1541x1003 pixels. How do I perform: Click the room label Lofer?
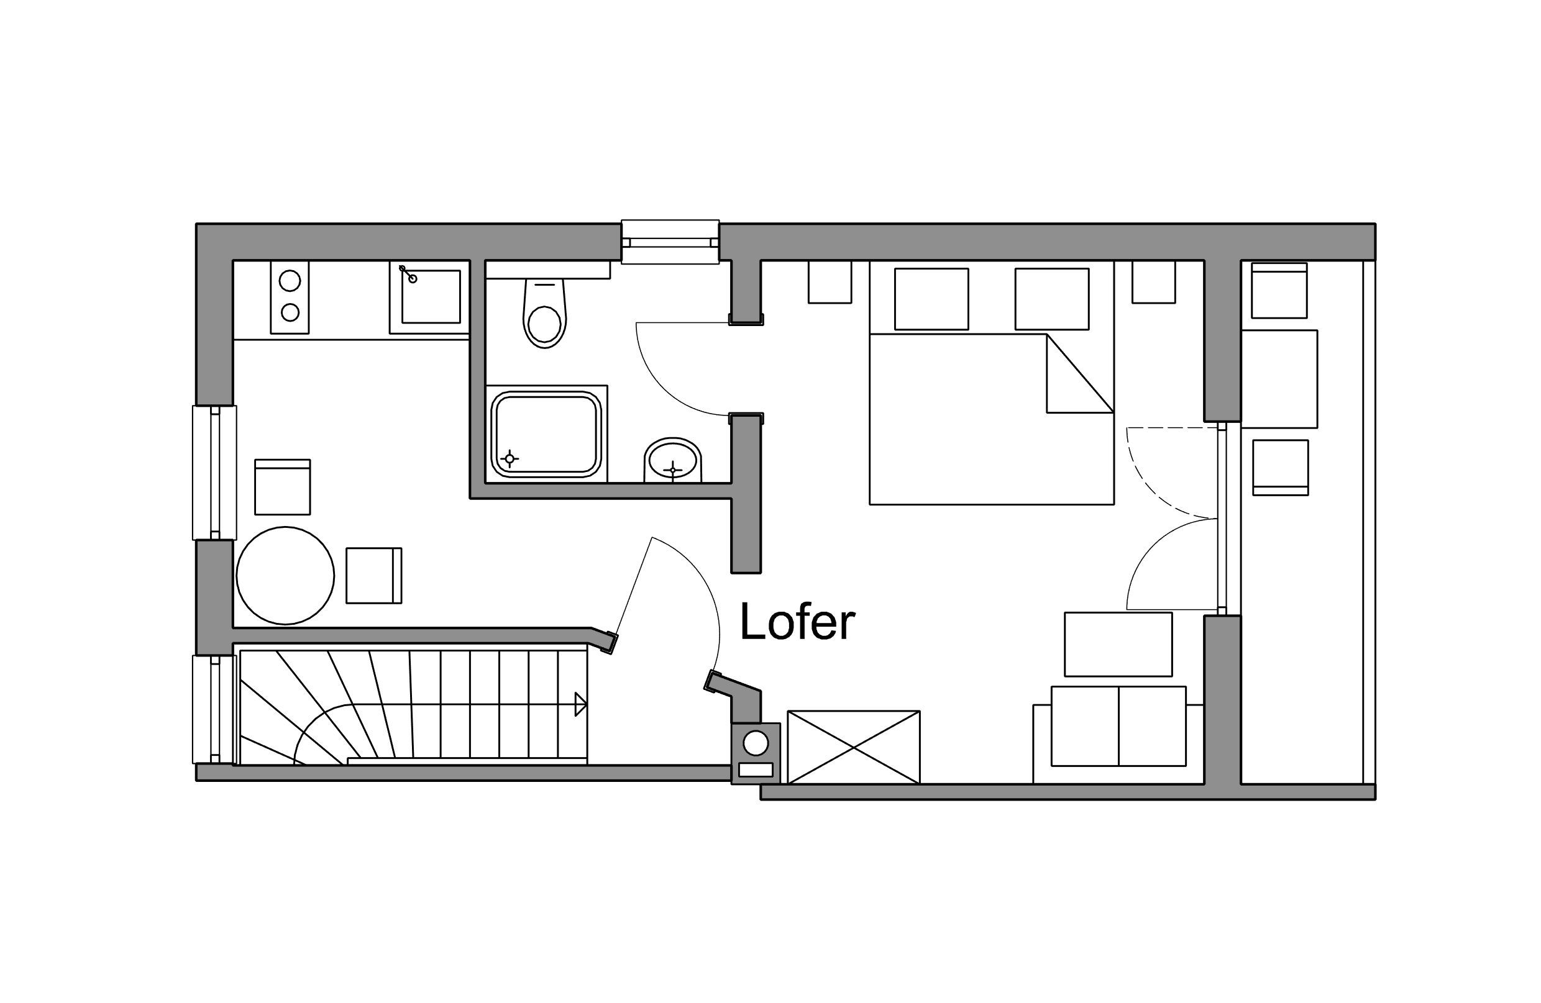tap(797, 621)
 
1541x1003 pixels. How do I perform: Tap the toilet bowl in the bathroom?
tap(544, 314)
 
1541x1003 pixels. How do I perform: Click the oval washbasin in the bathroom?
tap(674, 460)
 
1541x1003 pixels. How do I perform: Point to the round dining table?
tap(285, 576)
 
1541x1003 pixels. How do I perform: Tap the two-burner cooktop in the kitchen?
tap(290, 297)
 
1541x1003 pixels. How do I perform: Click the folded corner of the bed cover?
tap(1079, 373)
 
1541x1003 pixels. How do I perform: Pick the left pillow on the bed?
tap(931, 299)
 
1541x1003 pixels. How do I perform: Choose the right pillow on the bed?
tap(1051, 299)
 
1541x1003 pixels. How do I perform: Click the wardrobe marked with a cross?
tap(853, 747)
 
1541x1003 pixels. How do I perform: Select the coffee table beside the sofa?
tap(1118, 644)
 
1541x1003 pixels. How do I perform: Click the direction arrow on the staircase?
tap(580, 704)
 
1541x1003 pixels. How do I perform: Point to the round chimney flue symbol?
tap(755, 742)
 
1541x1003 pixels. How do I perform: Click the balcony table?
tap(1279, 379)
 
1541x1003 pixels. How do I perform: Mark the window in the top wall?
tap(670, 242)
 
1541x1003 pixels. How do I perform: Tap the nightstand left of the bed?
tap(830, 281)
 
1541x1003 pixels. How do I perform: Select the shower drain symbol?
tap(510, 459)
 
